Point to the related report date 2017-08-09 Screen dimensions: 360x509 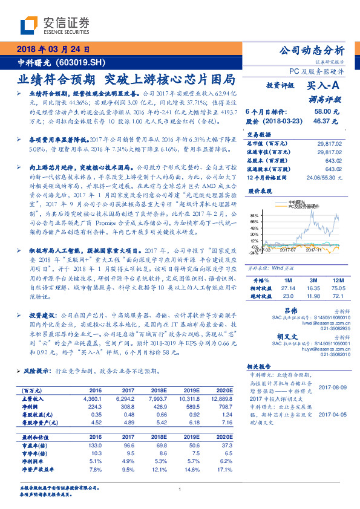click(x=332, y=387)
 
